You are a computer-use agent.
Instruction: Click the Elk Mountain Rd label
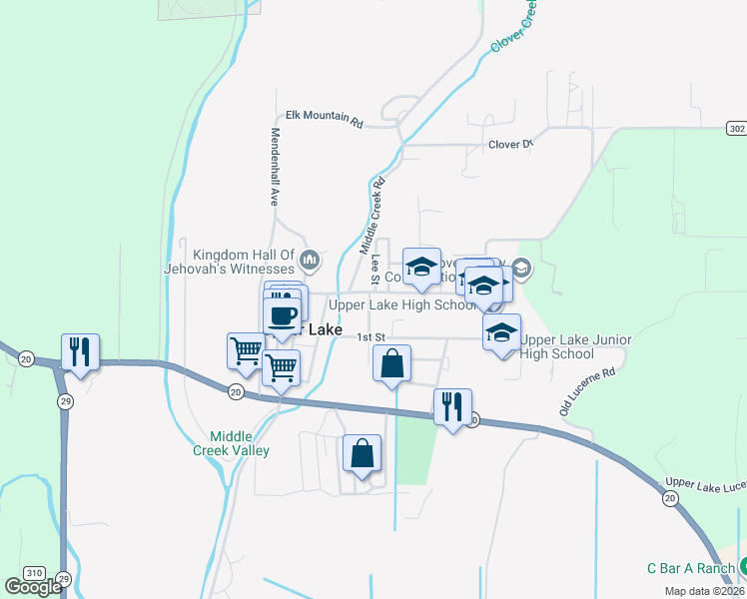click(x=325, y=117)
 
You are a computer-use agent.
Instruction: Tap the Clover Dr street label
click(x=511, y=145)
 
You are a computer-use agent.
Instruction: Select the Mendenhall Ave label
click(x=273, y=167)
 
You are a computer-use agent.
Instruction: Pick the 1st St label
click(x=372, y=337)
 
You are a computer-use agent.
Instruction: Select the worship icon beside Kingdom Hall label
click(x=310, y=262)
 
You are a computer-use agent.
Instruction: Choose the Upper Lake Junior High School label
click(x=574, y=346)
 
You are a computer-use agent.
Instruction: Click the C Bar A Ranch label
click(x=690, y=568)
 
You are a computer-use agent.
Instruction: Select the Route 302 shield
click(x=736, y=130)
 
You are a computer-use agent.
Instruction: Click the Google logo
click(x=34, y=587)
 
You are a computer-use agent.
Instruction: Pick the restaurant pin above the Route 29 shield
click(x=79, y=352)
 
